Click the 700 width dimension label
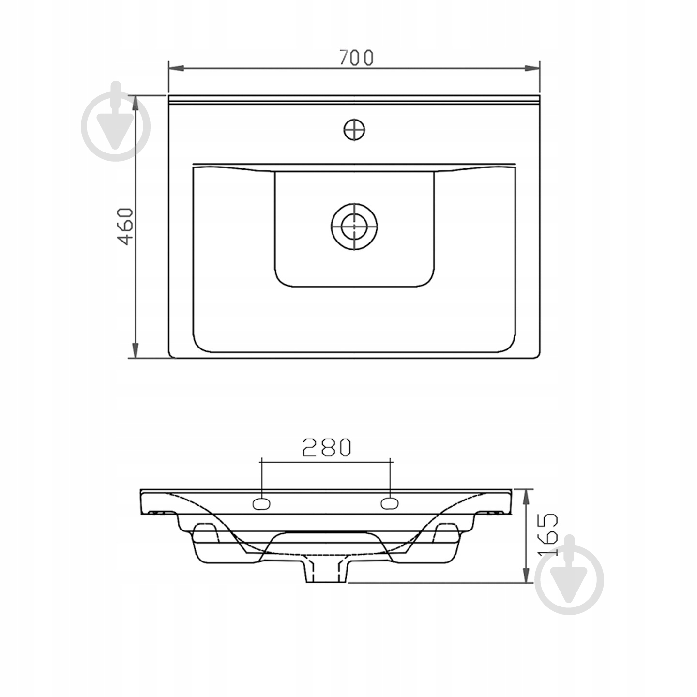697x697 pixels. [x=356, y=58]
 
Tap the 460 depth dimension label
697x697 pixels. [x=126, y=227]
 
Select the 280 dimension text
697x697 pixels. [x=327, y=447]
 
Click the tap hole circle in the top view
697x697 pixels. [x=354, y=130]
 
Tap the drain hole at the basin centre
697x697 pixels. [x=354, y=227]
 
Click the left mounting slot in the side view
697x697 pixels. [x=261, y=503]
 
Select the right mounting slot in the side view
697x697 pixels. [x=390, y=503]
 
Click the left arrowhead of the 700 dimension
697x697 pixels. [x=177, y=68]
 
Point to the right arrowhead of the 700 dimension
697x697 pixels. [x=532, y=68]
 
